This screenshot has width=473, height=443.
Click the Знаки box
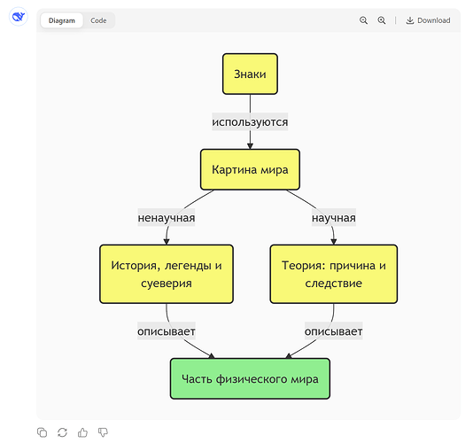coord(250,74)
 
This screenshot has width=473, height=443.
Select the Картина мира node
coord(250,169)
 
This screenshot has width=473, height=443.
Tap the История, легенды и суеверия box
coord(167,274)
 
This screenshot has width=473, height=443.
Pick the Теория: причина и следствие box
coord(334,274)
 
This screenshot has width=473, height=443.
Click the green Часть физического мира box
coord(250,378)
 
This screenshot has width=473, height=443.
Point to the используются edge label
coord(250,122)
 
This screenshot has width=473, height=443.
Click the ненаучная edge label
coord(167,218)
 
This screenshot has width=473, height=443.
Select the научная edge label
coord(334,218)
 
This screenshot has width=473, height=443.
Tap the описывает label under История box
coord(167,331)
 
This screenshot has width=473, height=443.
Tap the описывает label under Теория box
coord(334,331)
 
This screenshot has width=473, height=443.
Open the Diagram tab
coord(62,20)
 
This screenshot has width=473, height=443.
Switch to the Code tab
coord(98,20)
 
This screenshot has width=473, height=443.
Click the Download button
coord(428,20)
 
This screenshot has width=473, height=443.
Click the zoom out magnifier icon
coord(363,20)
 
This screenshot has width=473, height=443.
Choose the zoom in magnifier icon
coord(382,20)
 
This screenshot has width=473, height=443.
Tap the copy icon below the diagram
coord(42,432)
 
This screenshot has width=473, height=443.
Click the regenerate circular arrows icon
coord(62,432)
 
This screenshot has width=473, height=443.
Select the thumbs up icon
coord(82,432)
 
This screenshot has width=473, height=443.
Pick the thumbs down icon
coord(103,432)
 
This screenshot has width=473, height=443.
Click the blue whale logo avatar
coord(19,17)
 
